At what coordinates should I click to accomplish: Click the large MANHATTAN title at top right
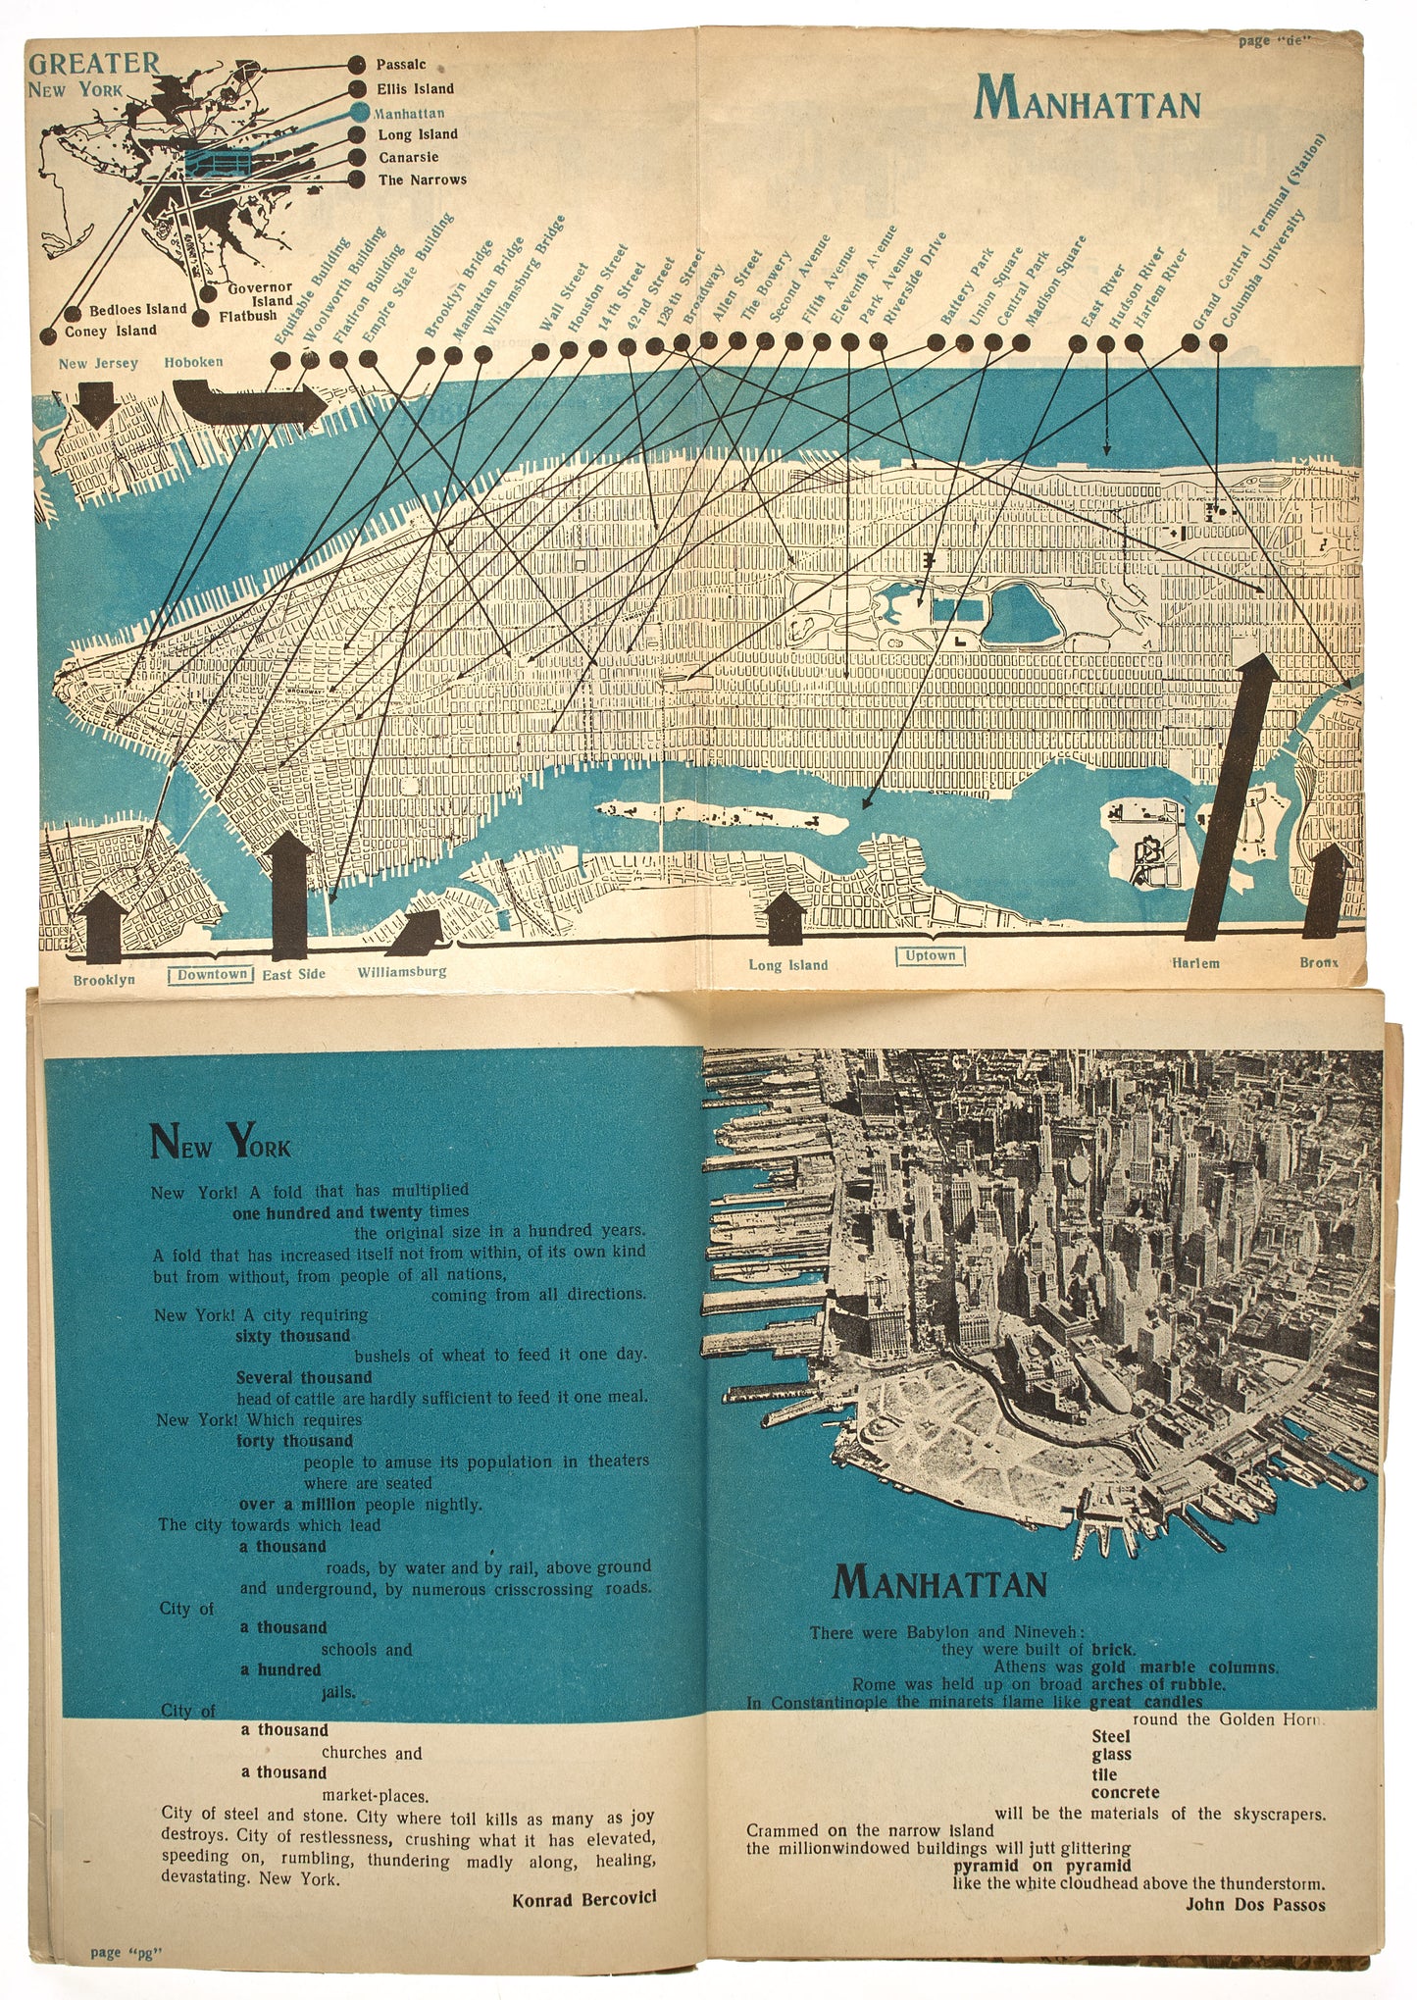tap(1088, 100)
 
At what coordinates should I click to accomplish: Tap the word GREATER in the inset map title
tap(94, 64)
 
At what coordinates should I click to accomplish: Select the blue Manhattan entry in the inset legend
tap(410, 113)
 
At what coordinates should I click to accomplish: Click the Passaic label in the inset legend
tap(401, 65)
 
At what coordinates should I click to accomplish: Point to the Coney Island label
tap(110, 332)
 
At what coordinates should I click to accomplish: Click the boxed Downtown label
tap(212, 974)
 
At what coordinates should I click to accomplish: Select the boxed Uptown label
tap(930, 955)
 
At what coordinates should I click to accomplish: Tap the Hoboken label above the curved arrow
tap(193, 362)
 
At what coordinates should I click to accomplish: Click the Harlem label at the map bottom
tap(1195, 962)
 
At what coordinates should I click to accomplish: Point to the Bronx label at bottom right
tap(1318, 962)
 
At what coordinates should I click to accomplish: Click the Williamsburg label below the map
tap(401, 971)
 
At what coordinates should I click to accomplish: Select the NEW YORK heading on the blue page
tap(220, 1143)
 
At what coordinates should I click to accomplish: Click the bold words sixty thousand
tap(292, 1336)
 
